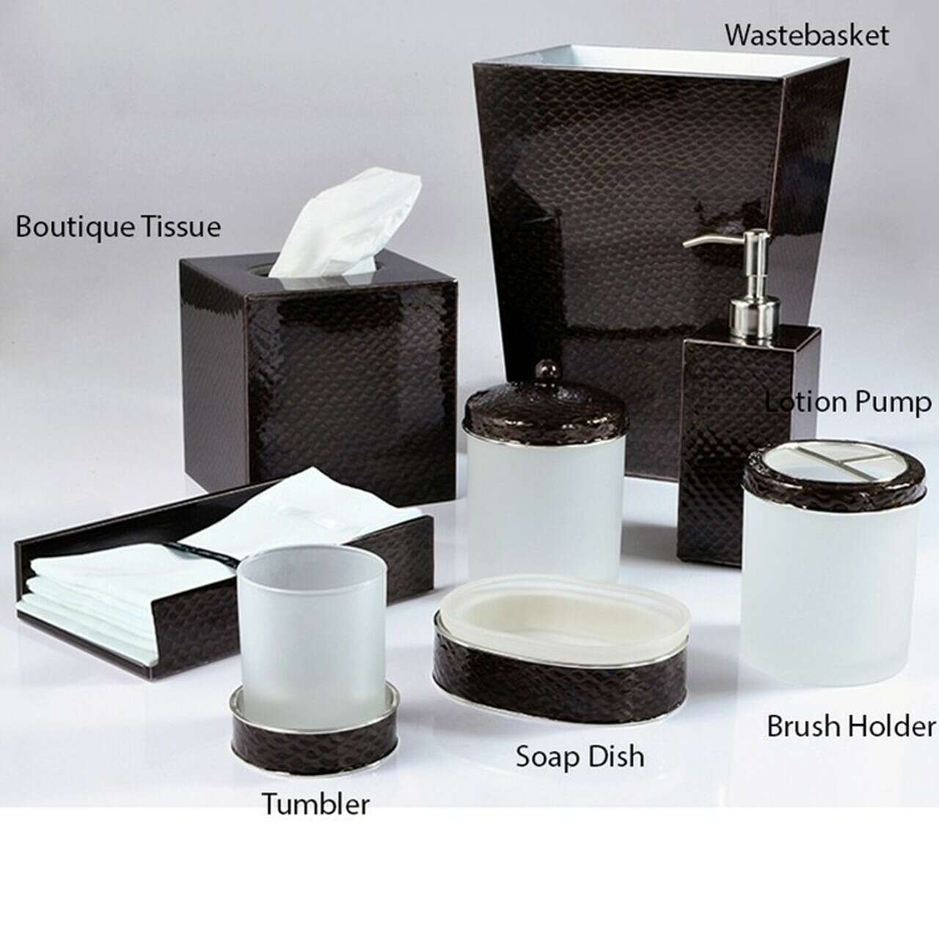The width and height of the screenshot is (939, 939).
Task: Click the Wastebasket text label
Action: tap(806, 35)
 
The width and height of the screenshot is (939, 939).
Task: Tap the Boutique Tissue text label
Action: tap(118, 227)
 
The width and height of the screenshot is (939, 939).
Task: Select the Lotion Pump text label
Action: tap(848, 403)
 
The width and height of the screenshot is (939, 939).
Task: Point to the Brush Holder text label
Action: tap(851, 726)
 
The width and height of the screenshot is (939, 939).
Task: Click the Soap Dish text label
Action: tap(580, 756)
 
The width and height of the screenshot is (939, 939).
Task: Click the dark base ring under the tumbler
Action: tap(314, 742)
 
